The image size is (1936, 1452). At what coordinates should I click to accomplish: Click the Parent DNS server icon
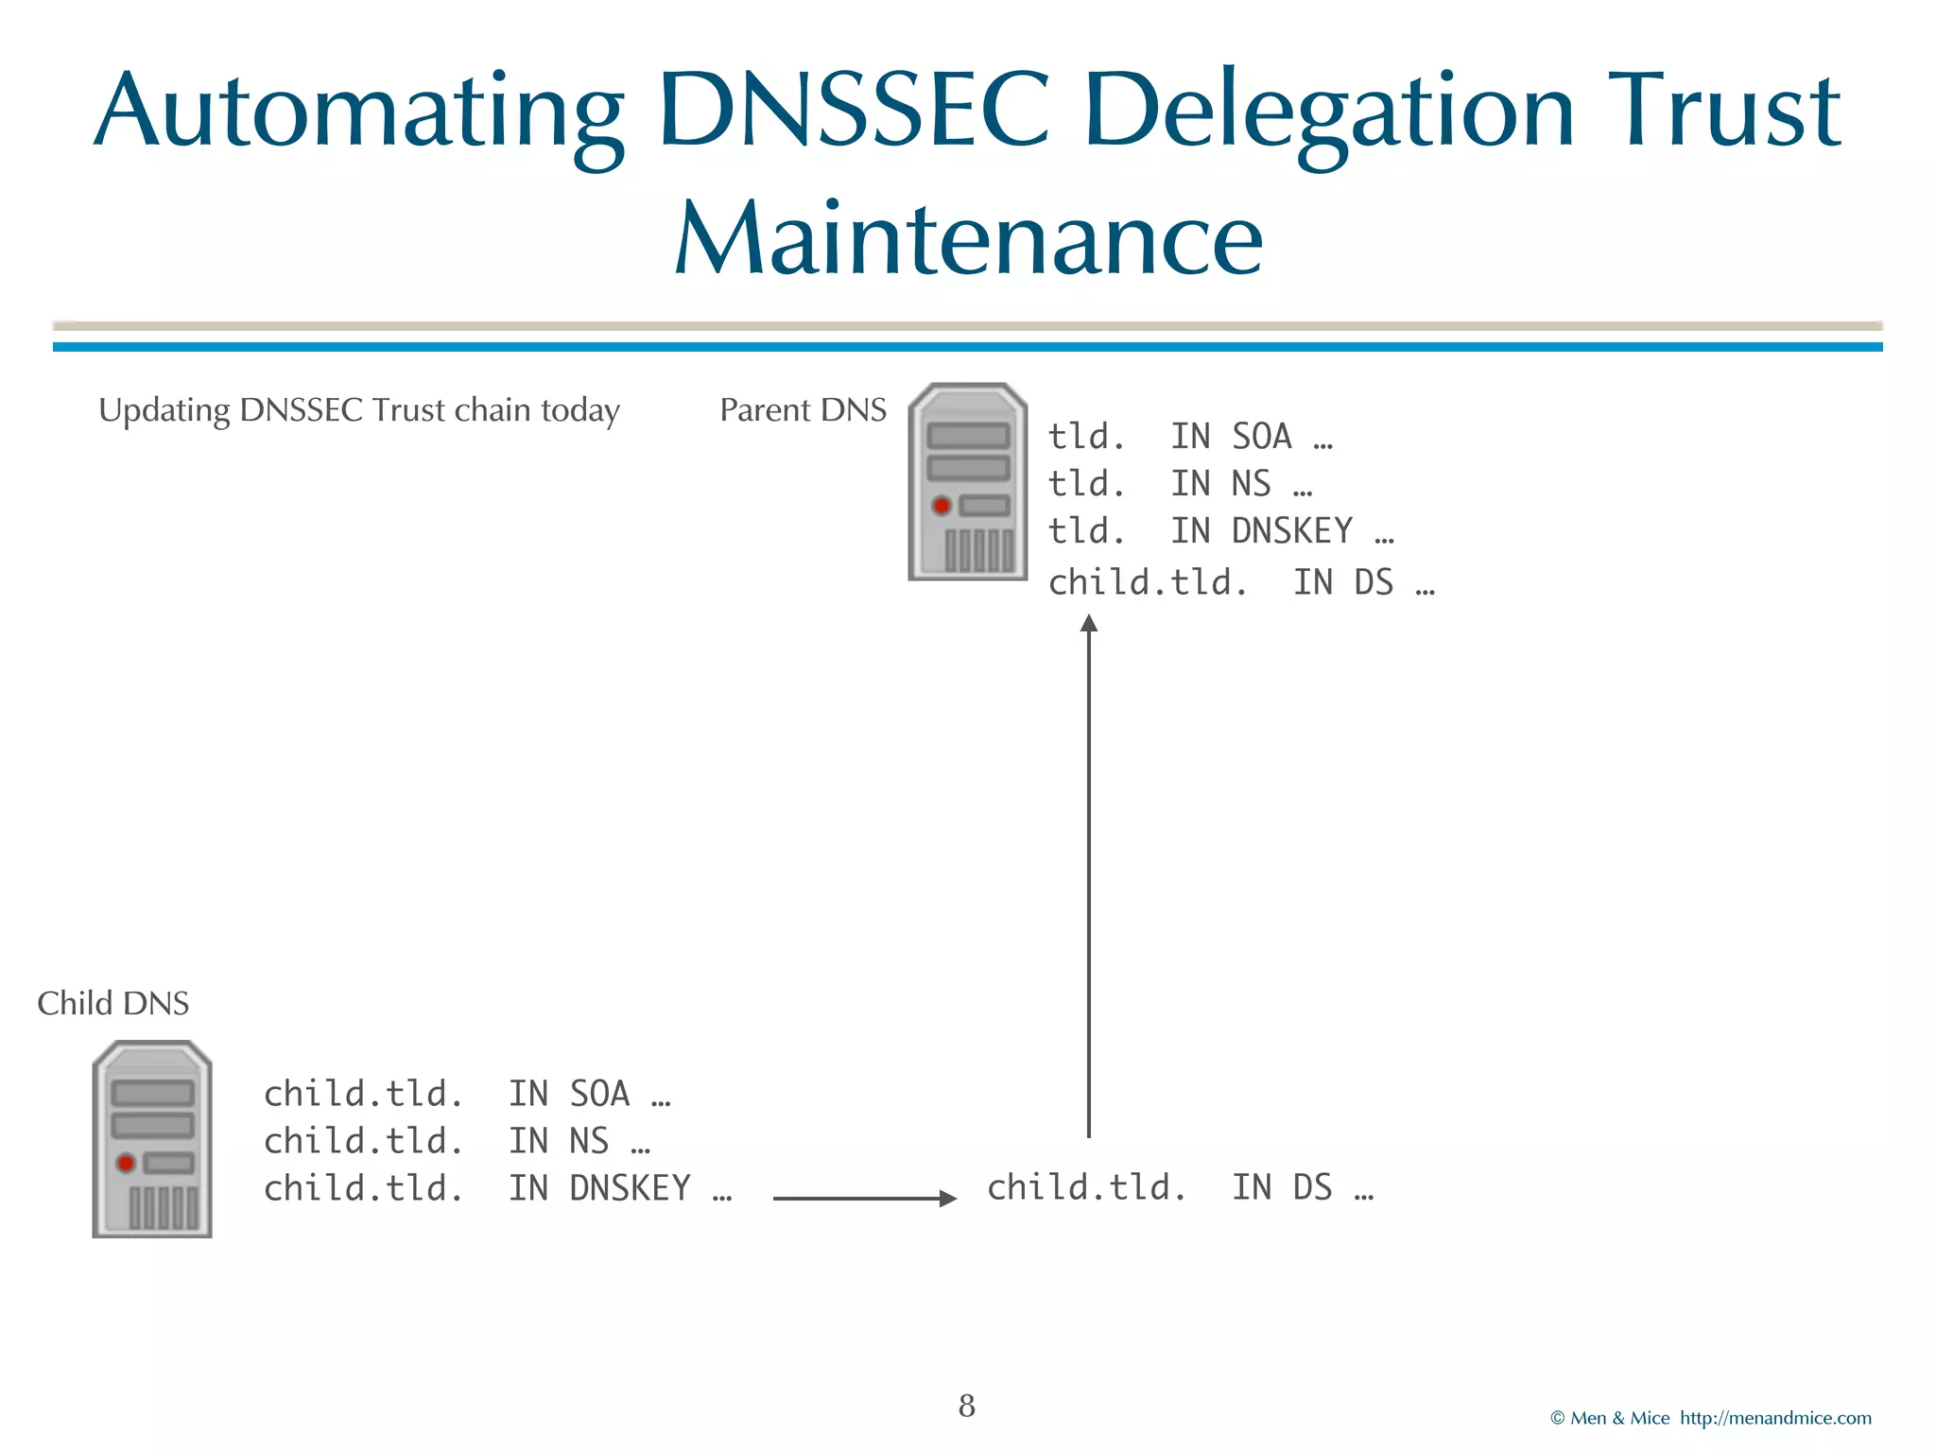(x=967, y=482)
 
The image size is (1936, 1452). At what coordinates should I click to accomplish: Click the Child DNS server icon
(x=152, y=1139)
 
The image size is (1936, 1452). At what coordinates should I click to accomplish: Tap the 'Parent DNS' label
(x=803, y=410)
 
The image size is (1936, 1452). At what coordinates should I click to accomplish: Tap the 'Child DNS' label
(x=113, y=1003)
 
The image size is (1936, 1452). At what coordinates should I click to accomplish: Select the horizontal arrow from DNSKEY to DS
(x=864, y=1198)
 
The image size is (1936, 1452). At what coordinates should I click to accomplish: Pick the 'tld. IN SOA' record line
(x=1190, y=437)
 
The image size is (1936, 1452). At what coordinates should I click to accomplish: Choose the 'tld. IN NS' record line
(x=1180, y=484)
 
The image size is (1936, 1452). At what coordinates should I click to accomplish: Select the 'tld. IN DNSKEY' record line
(x=1220, y=531)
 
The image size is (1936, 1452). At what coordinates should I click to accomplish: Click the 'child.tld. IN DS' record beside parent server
(x=1241, y=583)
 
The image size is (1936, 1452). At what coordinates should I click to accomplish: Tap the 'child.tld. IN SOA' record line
(x=467, y=1094)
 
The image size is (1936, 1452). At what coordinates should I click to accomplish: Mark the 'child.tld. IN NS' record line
(x=457, y=1141)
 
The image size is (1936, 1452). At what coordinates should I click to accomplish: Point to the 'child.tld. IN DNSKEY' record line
(x=497, y=1188)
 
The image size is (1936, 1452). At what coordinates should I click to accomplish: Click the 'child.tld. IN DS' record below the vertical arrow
(x=1180, y=1188)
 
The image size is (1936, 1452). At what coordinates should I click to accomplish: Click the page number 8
(x=966, y=1406)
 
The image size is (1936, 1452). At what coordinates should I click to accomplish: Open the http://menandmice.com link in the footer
(x=1775, y=1418)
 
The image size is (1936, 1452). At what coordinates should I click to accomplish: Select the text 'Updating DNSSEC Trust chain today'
(x=359, y=410)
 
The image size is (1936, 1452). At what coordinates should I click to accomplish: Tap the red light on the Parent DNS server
(x=942, y=506)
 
